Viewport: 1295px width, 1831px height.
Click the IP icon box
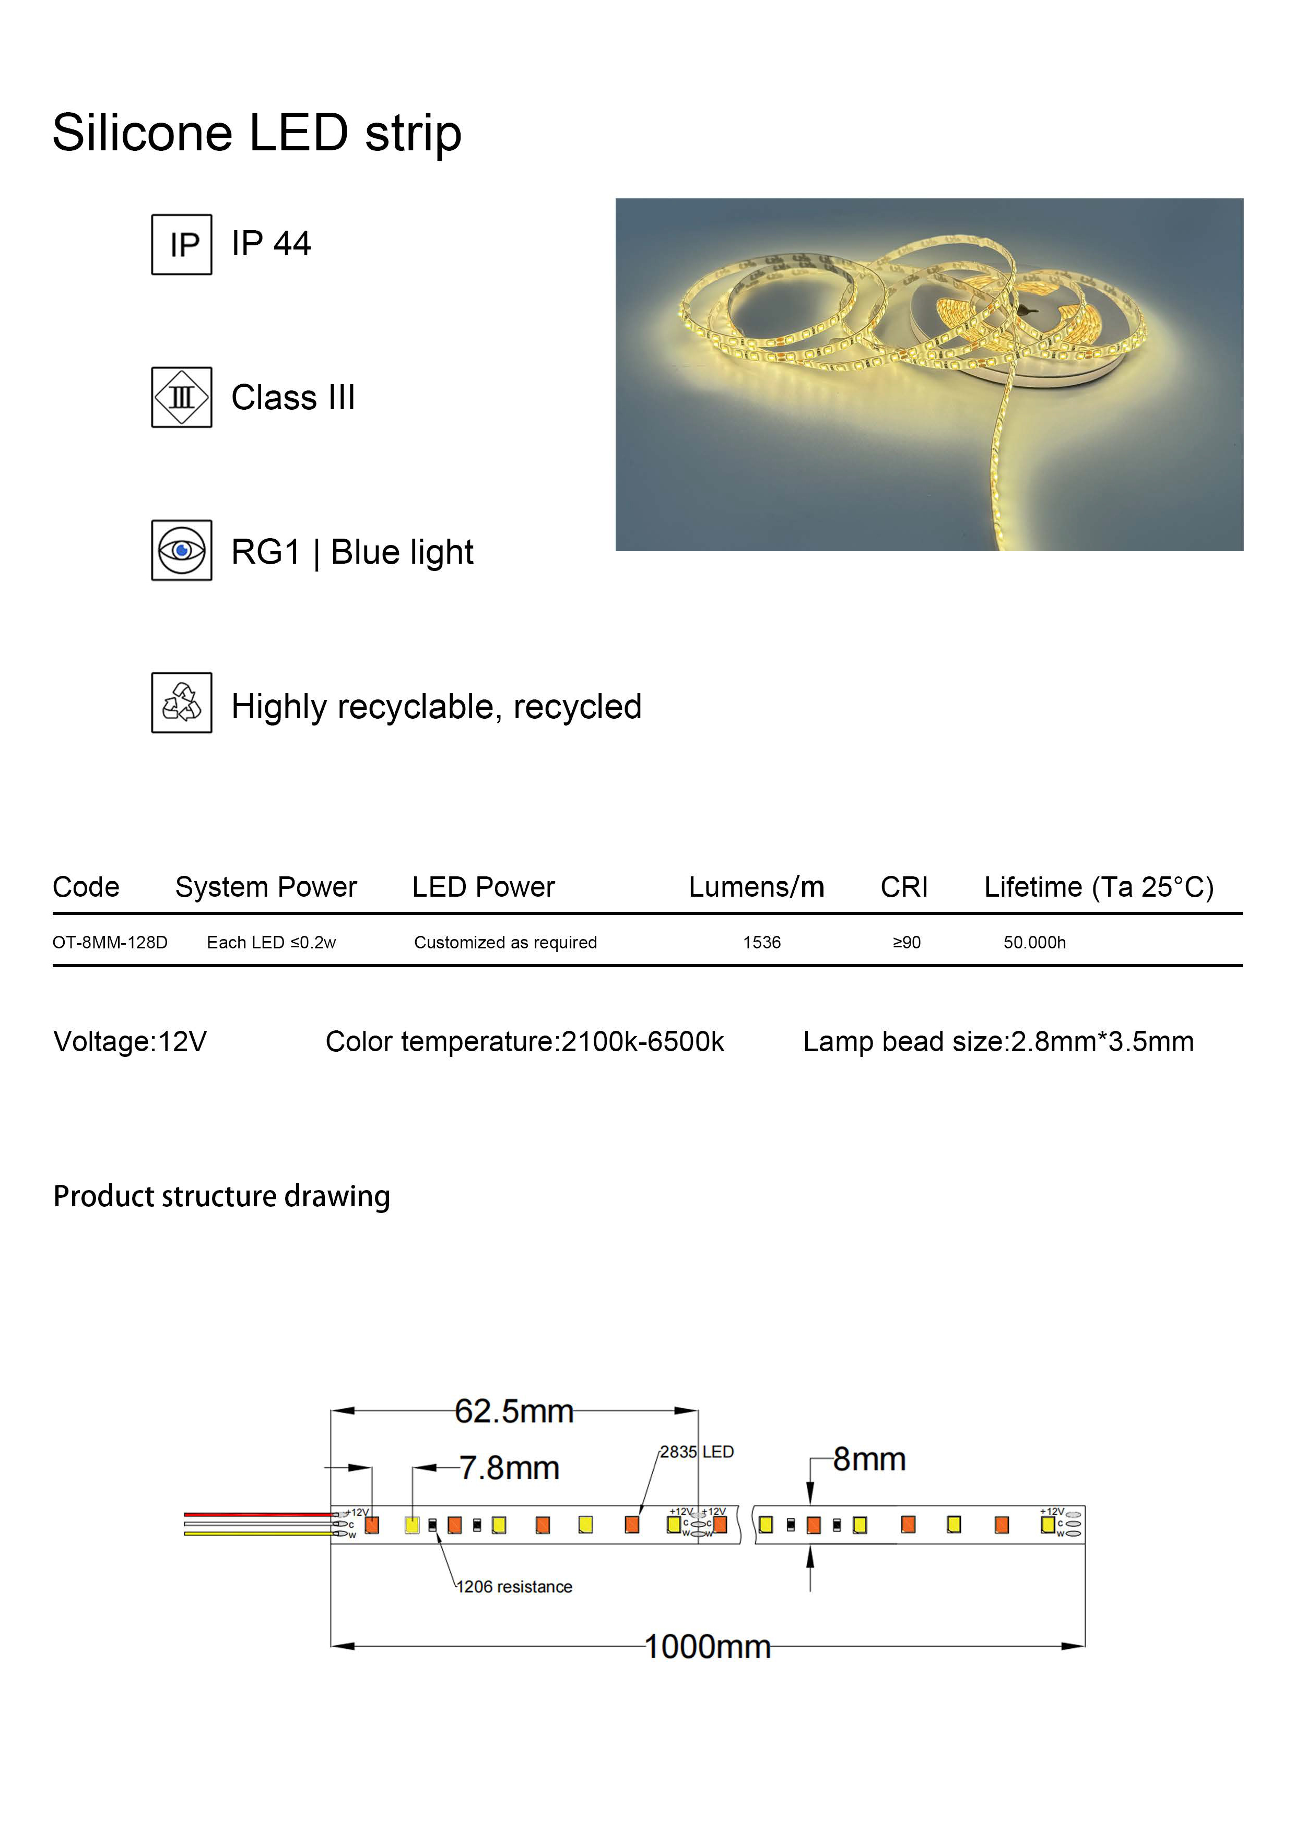pyautogui.click(x=181, y=244)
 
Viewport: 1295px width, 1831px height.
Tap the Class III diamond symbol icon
pyautogui.click(x=181, y=397)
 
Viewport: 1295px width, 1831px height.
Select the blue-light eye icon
pyautogui.click(x=181, y=550)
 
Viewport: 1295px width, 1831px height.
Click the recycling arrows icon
pyautogui.click(x=181, y=703)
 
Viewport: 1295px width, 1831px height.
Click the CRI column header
pyautogui.click(x=904, y=887)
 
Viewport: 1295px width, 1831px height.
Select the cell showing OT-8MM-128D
pyautogui.click(x=110, y=943)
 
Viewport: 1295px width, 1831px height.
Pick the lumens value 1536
pyautogui.click(x=762, y=943)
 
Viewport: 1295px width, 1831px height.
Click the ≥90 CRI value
pyautogui.click(x=907, y=943)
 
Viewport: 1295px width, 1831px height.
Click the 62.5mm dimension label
pyautogui.click(x=514, y=1411)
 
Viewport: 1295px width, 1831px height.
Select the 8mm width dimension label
pyautogui.click(x=869, y=1459)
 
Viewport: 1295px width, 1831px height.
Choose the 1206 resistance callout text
pyautogui.click(x=514, y=1587)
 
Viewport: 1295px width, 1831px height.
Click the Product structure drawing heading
pyautogui.click(x=222, y=1196)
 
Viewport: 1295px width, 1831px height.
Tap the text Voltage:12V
pyautogui.click(x=130, y=1041)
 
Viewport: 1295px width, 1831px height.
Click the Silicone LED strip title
pyautogui.click(x=257, y=133)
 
